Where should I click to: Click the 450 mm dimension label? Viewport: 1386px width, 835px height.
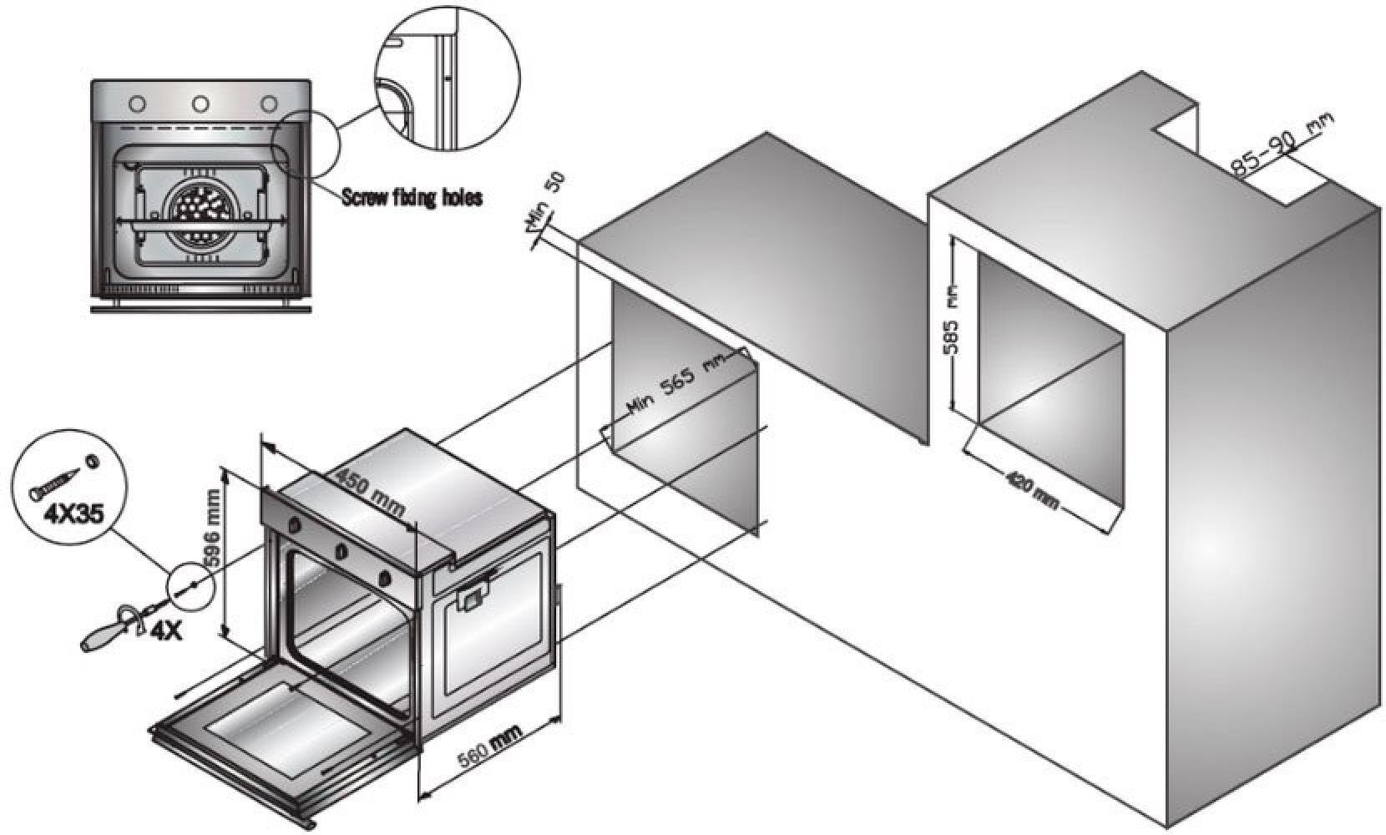tap(369, 493)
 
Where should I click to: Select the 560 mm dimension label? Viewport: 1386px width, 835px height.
tap(490, 747)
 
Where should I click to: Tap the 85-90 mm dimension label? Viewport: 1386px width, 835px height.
tap(1282, 146)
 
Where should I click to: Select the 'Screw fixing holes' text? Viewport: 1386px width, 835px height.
tap(412, 197)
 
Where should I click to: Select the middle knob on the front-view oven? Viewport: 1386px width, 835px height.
tap(200, 104)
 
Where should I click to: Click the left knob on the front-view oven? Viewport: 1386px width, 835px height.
tap(137, 104)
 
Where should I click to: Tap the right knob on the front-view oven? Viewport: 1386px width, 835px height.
tap(269, 104)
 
